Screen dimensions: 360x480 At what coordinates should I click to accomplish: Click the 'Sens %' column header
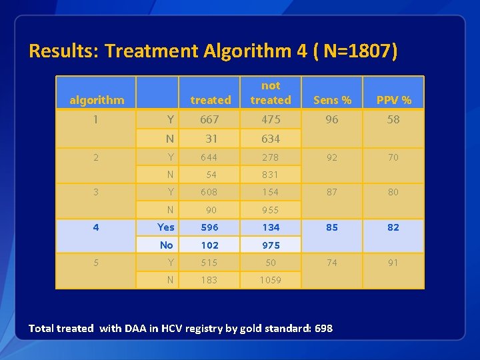332,100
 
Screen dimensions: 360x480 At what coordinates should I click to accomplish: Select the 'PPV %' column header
393,100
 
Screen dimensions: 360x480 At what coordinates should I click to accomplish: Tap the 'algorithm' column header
97,100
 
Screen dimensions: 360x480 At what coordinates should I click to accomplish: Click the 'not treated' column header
271,93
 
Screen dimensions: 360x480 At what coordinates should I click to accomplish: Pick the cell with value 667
210,119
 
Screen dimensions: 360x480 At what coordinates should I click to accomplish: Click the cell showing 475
271,119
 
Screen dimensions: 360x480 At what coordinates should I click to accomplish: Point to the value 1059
271,280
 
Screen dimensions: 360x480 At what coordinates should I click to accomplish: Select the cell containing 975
271,245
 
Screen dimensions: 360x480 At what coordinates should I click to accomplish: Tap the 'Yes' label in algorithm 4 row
166,227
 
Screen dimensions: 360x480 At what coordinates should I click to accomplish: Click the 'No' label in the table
167,245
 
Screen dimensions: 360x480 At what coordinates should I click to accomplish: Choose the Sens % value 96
332,119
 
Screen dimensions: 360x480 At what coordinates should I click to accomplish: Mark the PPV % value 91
393,263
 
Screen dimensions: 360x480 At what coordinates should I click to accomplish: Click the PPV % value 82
393,227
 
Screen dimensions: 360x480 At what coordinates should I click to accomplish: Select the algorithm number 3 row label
96,192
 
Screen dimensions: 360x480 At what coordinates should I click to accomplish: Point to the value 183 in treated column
209,280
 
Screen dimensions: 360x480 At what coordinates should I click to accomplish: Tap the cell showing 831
271,175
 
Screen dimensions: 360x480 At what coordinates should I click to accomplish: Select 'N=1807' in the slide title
354,51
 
